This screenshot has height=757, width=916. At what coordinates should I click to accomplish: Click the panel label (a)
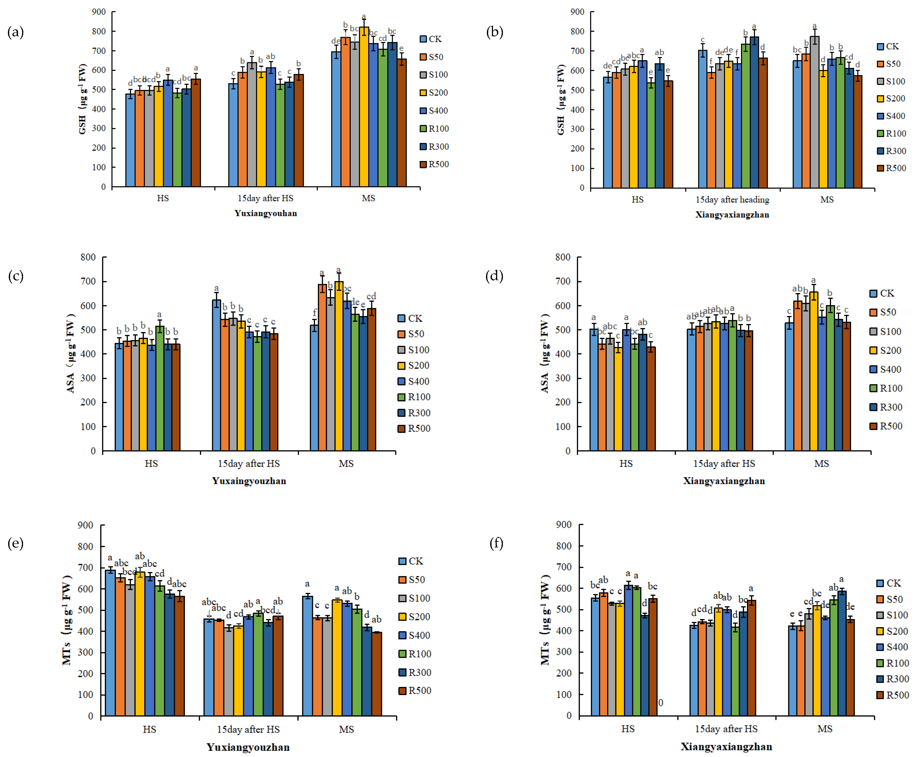pos(16,32)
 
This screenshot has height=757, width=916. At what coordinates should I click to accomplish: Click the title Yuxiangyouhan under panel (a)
pos(266,213)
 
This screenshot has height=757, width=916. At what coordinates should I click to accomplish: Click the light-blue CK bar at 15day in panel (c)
pos(216,375)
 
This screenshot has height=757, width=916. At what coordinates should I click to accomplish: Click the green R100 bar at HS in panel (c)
pos(160,388)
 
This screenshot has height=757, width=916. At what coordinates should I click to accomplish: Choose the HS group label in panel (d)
pos(626,464)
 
